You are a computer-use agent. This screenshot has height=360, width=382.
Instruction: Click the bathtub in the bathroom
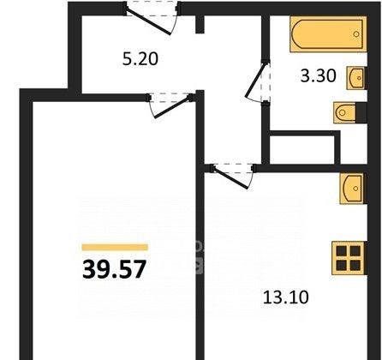click(328, 34)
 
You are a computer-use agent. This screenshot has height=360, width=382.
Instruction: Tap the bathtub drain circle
click(356, 34)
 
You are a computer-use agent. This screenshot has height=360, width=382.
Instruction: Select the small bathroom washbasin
click(356, 78)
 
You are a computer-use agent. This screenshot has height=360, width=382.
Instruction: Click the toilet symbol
click(345, 112)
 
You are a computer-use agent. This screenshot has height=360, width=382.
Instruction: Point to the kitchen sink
click(353, 189)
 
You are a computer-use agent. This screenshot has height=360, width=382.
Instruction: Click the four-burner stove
click(349, 258)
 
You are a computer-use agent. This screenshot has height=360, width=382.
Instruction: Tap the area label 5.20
click(140, 59)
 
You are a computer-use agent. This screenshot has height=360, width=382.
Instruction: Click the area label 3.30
click(318, 76)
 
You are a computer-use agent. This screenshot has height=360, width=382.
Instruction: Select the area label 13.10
click(286, 297)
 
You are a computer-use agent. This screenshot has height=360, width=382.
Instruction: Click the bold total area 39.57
click(114, 269)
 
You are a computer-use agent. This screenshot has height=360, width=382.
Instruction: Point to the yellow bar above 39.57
click(115, 247)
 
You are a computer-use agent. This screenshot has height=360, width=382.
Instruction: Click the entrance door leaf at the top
click(148, 22)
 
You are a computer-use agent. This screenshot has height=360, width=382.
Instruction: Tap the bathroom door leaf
click(256, 80)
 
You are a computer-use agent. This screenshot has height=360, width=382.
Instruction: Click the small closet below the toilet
click(302, 149)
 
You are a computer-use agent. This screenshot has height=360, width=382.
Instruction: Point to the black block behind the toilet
click(361, 112)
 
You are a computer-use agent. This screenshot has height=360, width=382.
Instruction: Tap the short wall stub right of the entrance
click(200, 24)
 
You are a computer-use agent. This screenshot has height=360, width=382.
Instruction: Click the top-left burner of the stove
click(341, 251)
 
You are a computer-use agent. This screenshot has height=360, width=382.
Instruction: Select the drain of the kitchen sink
click(355, 189)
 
